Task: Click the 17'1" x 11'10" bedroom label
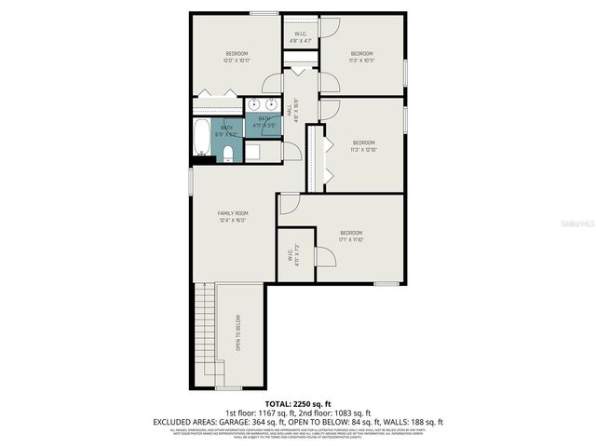[x=350, y=236]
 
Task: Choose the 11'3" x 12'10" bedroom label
[x=362, y=145]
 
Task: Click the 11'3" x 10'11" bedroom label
[x=361, y=57]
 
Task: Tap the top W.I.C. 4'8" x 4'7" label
[x=301, y=38]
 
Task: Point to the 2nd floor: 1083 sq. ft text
[x=335, y=413]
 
